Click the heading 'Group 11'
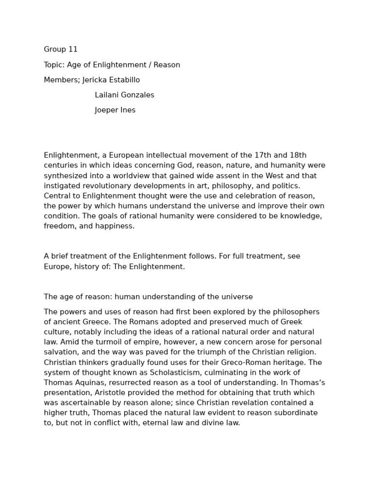[61, 50]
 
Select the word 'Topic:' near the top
[54, 65]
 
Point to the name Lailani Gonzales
[124, 95]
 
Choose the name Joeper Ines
[115, 110]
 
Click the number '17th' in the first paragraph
[263, 155]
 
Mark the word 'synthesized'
[65, 176]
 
